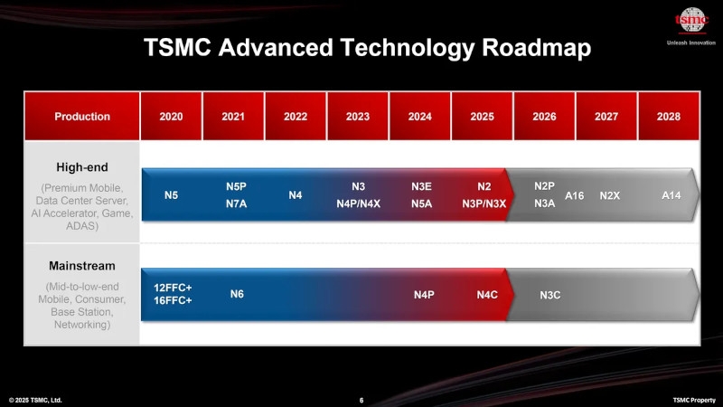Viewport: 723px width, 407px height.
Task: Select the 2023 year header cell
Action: pos(357,116)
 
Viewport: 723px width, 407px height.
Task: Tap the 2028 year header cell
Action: pos(669,116)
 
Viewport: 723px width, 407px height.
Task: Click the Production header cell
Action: pos(82,116)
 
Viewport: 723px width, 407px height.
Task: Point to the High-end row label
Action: pos(81,166)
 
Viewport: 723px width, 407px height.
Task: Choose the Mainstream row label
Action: pos(81,267)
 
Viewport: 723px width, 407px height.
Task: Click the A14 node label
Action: pos(672,195)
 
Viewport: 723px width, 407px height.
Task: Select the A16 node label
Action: pos(575,195)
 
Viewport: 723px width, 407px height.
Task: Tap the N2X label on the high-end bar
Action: pos(610,195)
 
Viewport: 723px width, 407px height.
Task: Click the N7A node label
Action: pos(236,203)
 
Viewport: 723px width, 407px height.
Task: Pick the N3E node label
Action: pos(421,186)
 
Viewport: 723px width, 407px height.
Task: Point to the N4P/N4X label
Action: pos(358,203)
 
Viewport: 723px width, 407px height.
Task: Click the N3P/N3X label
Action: pos(484,203)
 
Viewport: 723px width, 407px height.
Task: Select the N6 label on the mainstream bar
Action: pos(237,293)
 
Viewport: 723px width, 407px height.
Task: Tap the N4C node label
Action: pos(487,294)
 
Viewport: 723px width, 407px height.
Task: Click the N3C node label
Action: pos(550,294)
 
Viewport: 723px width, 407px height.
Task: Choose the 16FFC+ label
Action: pos(173,300)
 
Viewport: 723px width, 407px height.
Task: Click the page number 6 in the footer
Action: pos(361,400)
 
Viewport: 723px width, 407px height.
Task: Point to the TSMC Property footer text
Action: pos(693,400)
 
